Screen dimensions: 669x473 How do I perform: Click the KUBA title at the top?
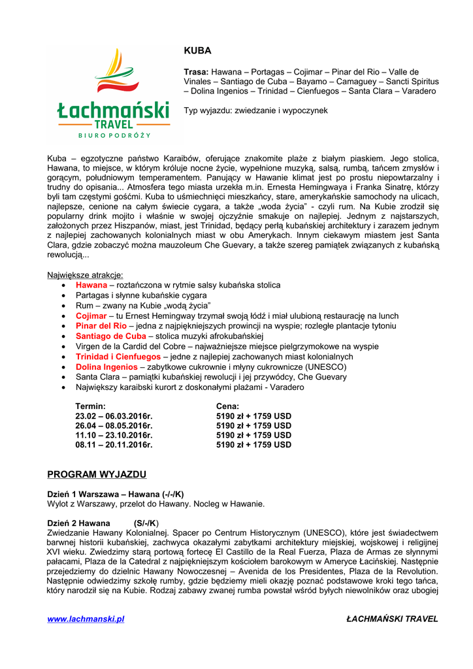[198, 50]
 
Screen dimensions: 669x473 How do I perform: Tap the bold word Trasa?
[196, 72]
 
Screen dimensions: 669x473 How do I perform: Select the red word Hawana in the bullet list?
[91, 285]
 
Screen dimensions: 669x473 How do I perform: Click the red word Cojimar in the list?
[91, 316]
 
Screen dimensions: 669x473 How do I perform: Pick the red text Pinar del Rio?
[101, 325]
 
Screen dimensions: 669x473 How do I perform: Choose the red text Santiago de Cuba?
[111, 336]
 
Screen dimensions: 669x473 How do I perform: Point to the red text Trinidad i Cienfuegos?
[118, 357]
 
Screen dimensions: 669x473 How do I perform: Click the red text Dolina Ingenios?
[106, 367]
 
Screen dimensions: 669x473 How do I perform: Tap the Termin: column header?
[91, 406]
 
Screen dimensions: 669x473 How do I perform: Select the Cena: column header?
[228, 406]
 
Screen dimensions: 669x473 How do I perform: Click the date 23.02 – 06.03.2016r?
[114, 416]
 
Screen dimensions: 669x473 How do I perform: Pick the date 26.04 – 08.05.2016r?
[114, 425]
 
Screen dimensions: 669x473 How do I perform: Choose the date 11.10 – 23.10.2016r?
[114, 435]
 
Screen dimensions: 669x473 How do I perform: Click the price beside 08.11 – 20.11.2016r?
[253, 445]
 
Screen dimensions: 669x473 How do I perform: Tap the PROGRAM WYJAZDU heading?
[97, 474]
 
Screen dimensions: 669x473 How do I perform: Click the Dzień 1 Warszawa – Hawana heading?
[116, 494]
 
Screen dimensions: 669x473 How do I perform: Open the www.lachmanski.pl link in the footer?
[86, 619]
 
